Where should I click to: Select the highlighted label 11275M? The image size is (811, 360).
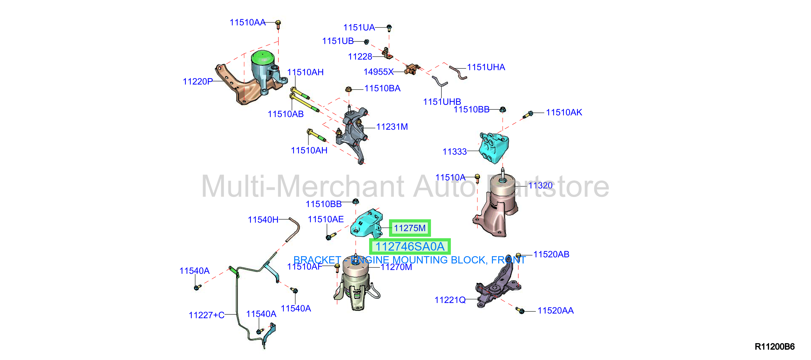coord(410,228)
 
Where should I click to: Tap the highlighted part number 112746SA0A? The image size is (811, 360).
coord(410,246)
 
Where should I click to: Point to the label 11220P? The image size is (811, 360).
coord(198,82)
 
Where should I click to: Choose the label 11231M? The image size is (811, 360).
coord(392,127)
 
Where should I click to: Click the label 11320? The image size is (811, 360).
coord(540,186)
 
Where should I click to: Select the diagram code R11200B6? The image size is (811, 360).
coord(774,346)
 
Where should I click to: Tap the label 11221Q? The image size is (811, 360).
coord(450,300)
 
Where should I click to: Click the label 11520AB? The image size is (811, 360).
coord(551,254)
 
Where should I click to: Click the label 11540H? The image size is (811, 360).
coord(263,220)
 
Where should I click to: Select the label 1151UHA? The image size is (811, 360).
coord(486,67)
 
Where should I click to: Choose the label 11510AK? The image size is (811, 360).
coord(564,113)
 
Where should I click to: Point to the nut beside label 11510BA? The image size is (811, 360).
coord(348,89)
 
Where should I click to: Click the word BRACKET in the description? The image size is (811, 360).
coord(317,260)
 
